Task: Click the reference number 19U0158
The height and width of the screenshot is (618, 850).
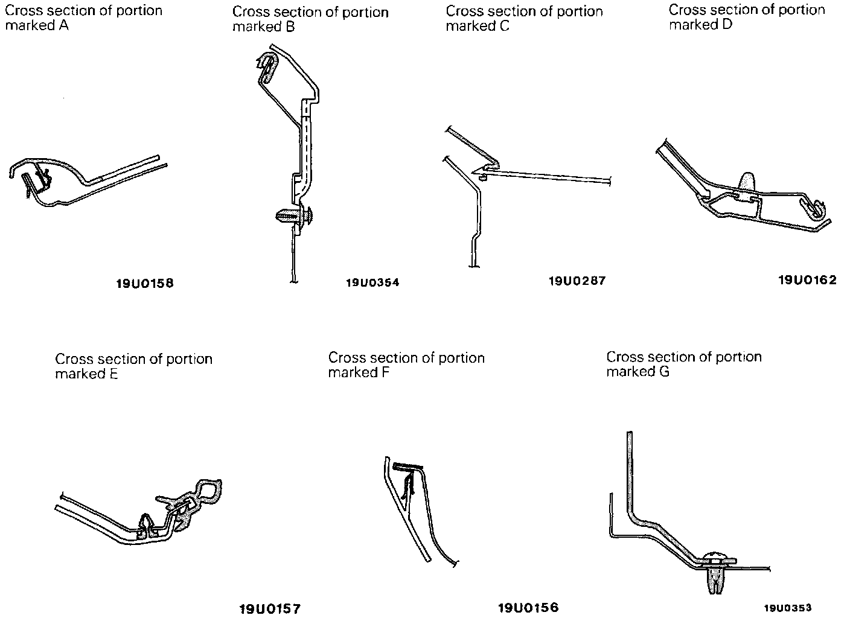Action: click(144, 283)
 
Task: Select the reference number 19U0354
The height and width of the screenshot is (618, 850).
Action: click(372, 282)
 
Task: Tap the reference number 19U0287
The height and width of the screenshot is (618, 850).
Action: click(577, 281)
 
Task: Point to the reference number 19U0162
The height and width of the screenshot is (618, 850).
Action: click(807, 279)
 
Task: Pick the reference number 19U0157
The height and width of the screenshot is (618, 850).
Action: click(270, 608)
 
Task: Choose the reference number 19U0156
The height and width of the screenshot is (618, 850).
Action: click(528, 608)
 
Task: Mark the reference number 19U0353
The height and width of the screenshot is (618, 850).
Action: click(787, 608)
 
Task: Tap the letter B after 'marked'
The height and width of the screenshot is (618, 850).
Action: click(290, 27)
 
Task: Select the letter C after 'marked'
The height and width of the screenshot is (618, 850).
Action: click(505, 26)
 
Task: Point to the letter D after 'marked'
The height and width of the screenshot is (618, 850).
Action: click(726, 25)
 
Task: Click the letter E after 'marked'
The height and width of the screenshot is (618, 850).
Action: click(113, 374)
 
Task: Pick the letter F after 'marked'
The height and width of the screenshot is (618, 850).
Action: click(385, 373)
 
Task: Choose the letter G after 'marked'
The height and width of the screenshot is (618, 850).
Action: click(663, 372)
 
